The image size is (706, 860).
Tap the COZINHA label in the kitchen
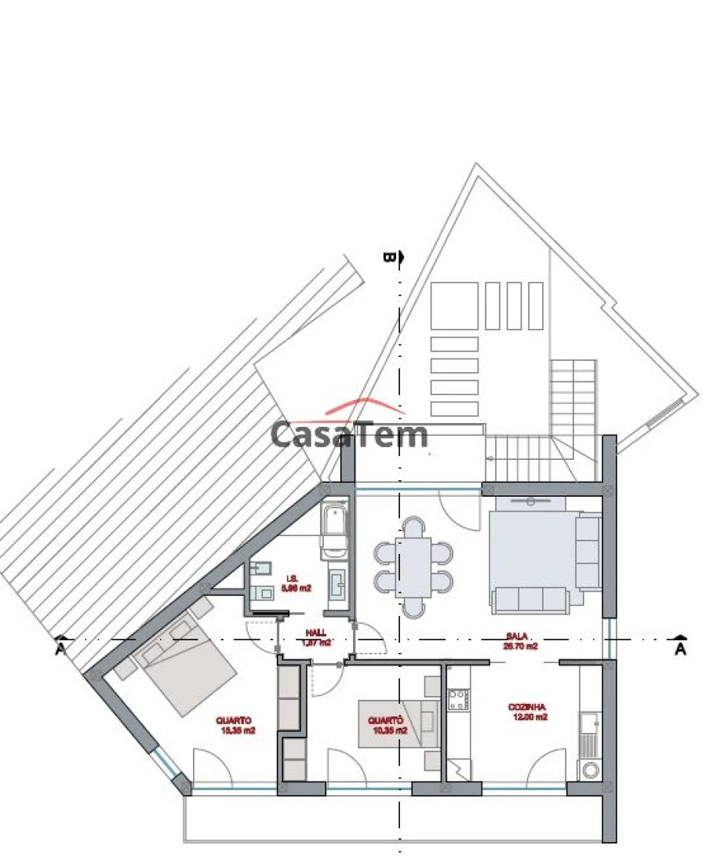point(526,706)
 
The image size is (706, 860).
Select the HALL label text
point(316,632)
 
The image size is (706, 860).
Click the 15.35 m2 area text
point(238,730)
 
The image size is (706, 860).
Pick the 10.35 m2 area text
point(391,730)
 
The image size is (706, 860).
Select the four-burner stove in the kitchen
point(458,699)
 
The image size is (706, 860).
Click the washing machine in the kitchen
point(588,770)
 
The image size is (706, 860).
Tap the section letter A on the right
point(680,649)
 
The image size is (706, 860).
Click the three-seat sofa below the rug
point(530,599)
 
